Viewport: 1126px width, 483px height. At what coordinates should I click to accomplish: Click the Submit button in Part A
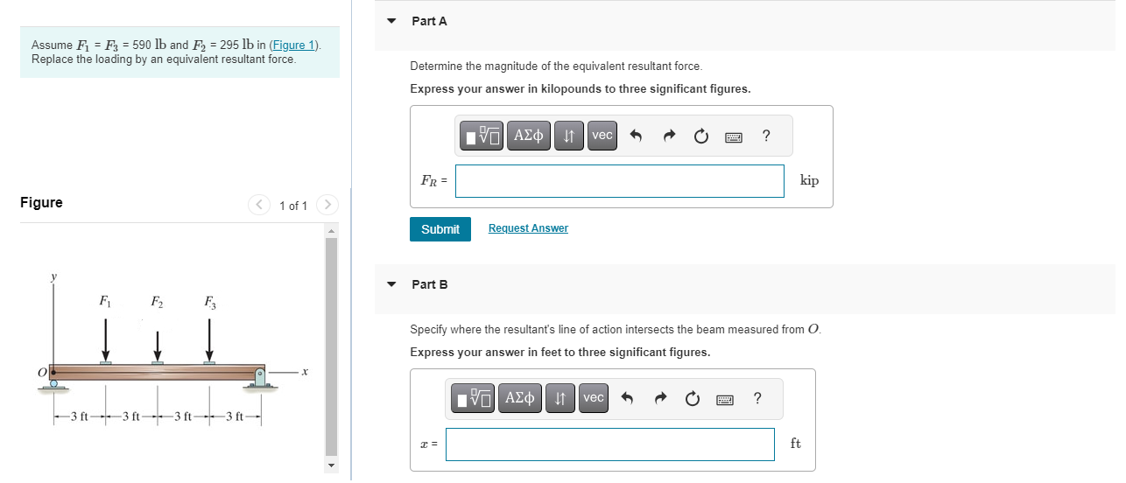pyautogui.click(x=440, y=229)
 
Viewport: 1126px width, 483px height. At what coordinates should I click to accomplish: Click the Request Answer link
pyautogui.click(x=528, y=228)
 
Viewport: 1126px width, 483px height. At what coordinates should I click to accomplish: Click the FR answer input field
pyautogui.click(x=619, y=181)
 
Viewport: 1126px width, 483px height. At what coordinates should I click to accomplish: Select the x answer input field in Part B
pyautogui.click(x=609, y=444)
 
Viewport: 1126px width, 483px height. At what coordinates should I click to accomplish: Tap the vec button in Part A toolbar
pyautogui.click(x=602, y=136)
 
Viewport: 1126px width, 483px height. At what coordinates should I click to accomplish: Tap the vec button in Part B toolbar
pyautogui.click(x=593, y=398)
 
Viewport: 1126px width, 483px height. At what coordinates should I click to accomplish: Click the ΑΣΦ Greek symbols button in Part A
pyautogui.click(x=528, y=136)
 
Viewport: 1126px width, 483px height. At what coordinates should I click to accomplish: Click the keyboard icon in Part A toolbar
pyautogui.click(x=733, y=136)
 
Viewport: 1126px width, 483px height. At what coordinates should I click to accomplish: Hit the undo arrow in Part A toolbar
pyautogui.click(x=637, y=136)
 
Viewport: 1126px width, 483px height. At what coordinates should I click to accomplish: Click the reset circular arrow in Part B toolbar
pyautogui.click(x=693, y=399)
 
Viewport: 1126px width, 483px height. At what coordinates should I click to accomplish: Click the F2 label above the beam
pyautogui.click(x=157, y=304)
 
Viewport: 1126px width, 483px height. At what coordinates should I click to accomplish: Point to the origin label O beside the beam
pyautogui.click(x=41, y=373)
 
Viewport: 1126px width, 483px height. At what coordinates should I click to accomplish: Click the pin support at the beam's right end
pyautogui.click(x=259, y=378)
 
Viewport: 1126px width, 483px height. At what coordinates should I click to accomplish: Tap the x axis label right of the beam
pyautogui.click(x=304, y=373)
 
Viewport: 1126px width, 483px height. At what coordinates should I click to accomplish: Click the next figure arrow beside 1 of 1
pyautogui.click(x=326, y=206)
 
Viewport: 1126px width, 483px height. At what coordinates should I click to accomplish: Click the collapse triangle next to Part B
pyautogui.click(x=391, y=284)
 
